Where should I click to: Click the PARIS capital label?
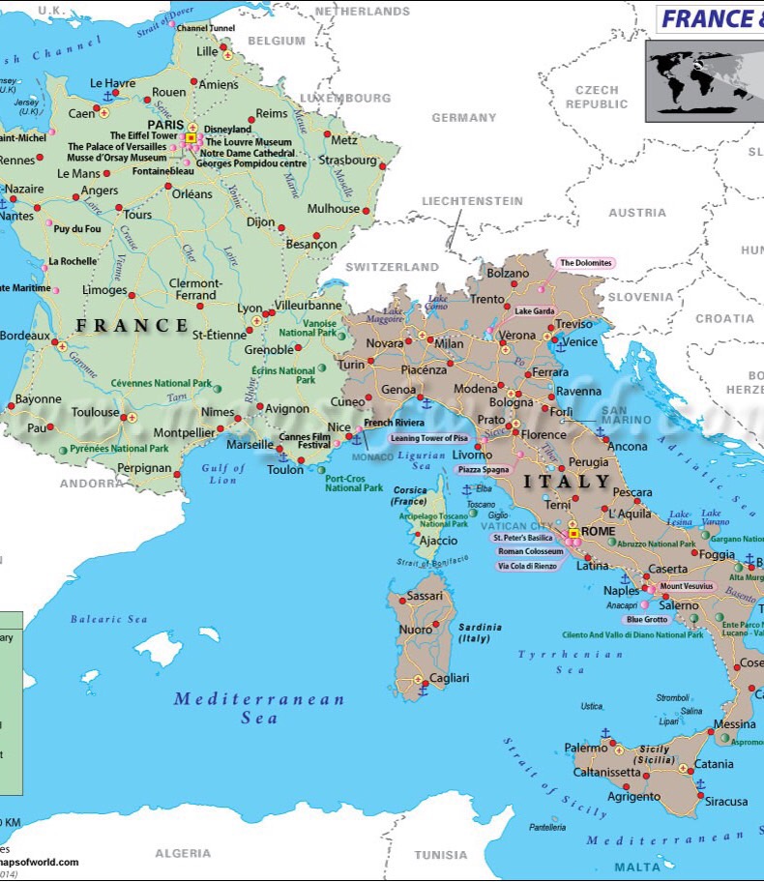164,125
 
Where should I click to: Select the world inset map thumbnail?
704,76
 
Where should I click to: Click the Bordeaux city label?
24,336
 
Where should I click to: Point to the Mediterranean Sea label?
259,708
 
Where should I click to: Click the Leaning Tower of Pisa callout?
428,438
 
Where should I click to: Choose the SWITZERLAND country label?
392,266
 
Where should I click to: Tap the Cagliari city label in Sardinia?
449,679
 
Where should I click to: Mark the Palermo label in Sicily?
586,748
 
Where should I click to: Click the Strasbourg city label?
347,161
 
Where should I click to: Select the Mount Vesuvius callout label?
687,586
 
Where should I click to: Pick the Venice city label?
579,341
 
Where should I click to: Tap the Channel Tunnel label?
205,29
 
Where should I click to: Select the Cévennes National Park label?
161,383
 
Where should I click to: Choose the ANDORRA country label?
89,483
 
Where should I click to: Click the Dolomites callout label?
586,263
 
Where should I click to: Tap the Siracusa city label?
725,802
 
